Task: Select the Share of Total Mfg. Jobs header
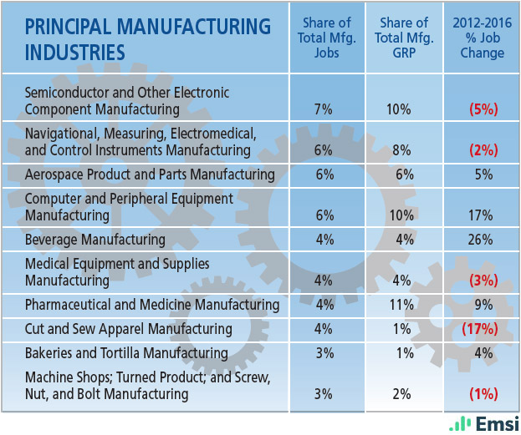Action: click(324, 38)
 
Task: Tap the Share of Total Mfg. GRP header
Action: click(402, 38)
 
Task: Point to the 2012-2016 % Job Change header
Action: click(483, 38)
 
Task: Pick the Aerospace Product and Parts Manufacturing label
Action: click(150, 175)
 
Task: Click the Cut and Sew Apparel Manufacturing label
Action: click(128, 328)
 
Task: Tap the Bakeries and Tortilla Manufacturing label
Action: click(126, 353)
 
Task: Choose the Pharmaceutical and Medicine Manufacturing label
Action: click(152, 305)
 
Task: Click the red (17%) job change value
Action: click(480, 329)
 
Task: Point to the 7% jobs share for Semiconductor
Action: click(324, 109)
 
